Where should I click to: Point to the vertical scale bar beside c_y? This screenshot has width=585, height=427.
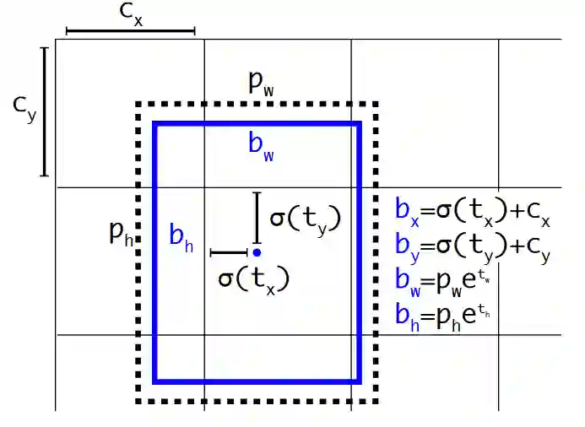pos(45,112)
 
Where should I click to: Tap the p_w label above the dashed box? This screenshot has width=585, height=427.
pos(262,84)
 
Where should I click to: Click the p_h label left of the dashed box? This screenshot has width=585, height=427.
pos(122,232)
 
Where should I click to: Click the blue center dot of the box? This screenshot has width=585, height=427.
pos(256,252)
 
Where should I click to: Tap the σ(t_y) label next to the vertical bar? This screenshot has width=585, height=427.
pos(305,219)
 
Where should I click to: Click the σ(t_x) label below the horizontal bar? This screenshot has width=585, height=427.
pos(253,279)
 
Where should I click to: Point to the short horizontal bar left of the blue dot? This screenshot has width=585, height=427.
pos(228,252)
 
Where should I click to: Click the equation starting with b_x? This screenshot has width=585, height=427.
pos(473,211)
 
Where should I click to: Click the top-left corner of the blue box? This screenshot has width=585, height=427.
pos(154,124)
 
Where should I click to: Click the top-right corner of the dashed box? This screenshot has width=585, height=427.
pos(375,105)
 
